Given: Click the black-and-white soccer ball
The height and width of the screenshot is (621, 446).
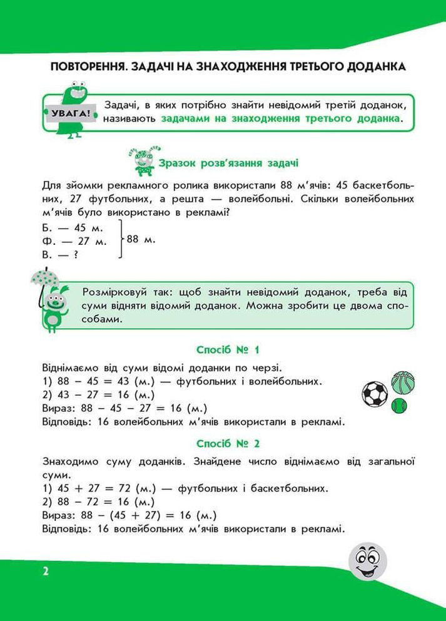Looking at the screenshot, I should (375, 394).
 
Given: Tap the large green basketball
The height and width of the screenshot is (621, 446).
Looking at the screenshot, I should (403, 382).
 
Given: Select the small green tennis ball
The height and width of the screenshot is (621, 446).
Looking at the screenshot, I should (398, 406).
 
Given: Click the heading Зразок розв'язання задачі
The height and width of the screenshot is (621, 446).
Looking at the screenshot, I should (228, 163).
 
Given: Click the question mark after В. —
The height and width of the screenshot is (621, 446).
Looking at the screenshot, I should (76, 254).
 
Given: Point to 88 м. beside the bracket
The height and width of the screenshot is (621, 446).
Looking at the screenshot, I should (141, 239).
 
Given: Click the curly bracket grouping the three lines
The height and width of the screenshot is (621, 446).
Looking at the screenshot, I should (119, 239).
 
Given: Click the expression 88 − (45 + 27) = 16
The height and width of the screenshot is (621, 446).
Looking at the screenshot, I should (148, 515).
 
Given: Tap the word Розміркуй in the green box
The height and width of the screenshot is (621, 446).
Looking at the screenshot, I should (109, 292).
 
